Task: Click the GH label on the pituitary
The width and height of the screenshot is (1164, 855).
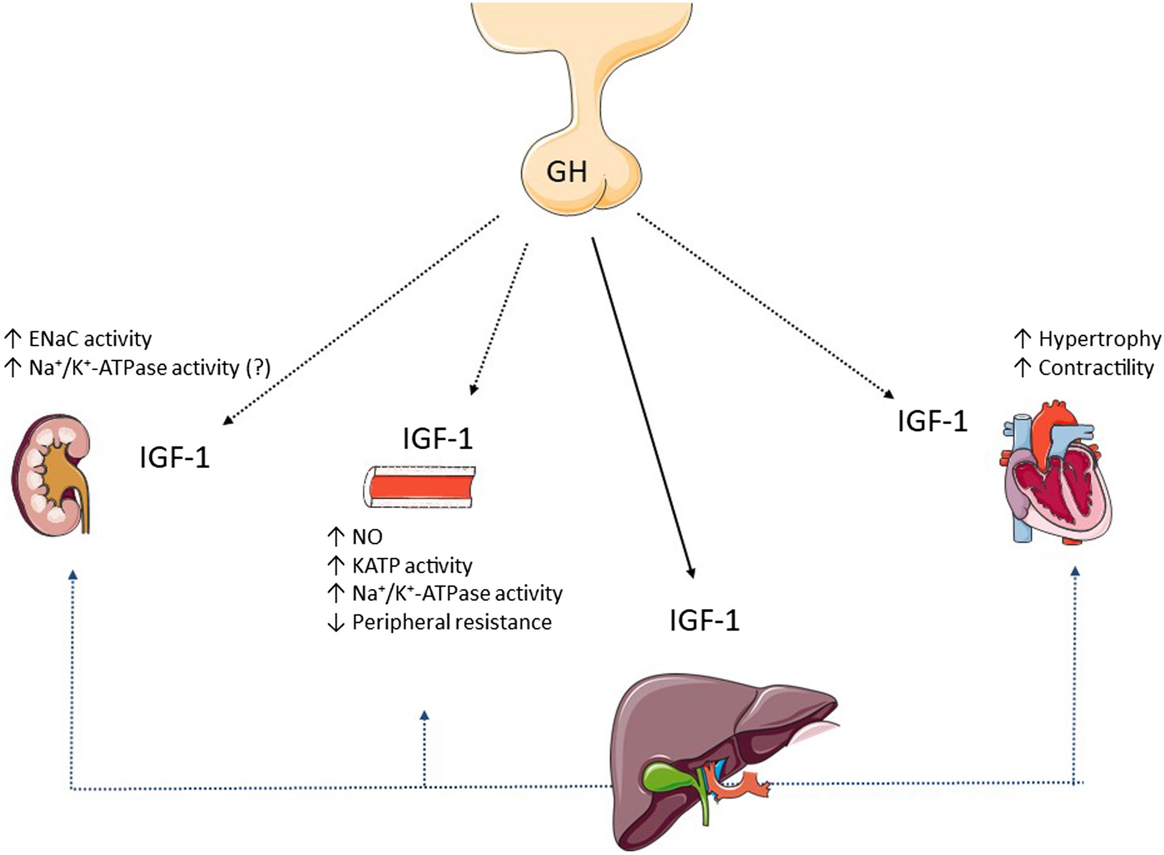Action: tap(566, 172)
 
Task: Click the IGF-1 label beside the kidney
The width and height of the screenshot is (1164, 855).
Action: tap(174, 458)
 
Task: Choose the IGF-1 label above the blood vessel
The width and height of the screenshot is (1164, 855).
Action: tap(438, 439)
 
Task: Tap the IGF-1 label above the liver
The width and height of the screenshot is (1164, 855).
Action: tap(705, 620)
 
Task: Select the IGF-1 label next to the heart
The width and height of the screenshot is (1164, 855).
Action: tap(932, 421)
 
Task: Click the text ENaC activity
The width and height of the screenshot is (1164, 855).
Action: tap(90, 339)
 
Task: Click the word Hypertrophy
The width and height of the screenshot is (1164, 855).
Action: tap(1100, 339)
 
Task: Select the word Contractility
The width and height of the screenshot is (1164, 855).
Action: tap(1096, 368)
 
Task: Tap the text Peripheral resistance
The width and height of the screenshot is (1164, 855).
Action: tap(452, 622)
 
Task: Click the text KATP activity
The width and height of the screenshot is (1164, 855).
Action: tap(412, 566)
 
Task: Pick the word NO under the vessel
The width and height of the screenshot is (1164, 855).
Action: tap(367, 537)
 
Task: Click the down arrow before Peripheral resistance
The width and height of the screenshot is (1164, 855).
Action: tap(336, 623)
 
